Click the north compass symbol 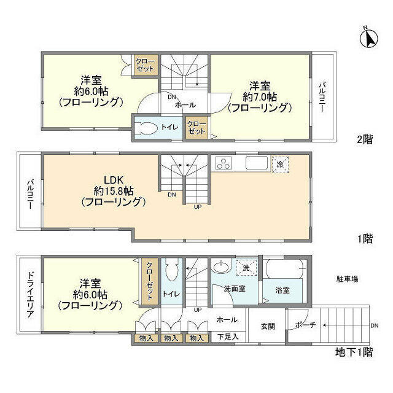click(x=368, y=38)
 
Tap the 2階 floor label click(x=365, y=139)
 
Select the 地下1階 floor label click(x=354, y=352)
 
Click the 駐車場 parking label click(x=347, y=279)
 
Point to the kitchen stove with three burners click(x=224, y=163)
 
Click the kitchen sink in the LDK click(x=257, y=163)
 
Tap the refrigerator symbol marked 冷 click(x=280, y=165)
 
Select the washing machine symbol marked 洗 click(x=246, y=268)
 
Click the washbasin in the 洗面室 click(x=221, y=267)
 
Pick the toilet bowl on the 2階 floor click(x=146, y=128)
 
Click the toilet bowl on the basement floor click(x=172, y=270)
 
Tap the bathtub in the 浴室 click(x=284, y=269)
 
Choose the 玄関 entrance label click(x=268, y=326)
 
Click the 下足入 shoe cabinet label click(x=228, y=337)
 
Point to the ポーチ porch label click(x=305, y=325)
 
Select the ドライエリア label click(x=30, y=294)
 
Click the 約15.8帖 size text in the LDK click(x=114, y=191)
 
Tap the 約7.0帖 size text click(x=260, y=97)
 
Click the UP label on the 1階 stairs click(x=198, y=207)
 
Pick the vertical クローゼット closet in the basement click(x=150, y=281)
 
